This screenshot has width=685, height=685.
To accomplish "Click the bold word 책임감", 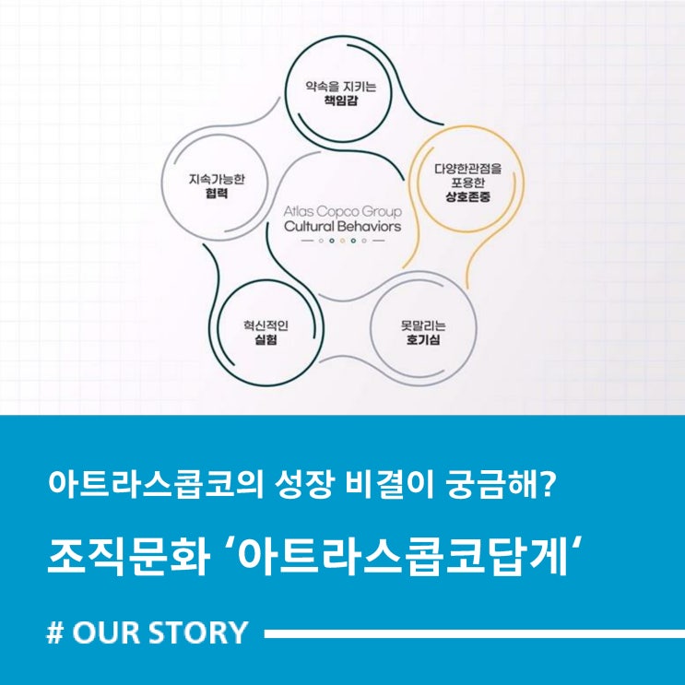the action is pos(341,100).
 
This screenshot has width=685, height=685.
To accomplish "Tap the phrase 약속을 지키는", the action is pos(341,86).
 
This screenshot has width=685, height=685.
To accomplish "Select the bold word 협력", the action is pos(217,193).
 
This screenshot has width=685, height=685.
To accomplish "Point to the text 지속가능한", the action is pos(217,179).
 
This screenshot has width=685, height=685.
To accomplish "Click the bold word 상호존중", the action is pos(467,197).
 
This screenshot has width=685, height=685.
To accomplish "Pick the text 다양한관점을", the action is pos(467,169).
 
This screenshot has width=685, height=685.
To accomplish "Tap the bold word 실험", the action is pos(266,339).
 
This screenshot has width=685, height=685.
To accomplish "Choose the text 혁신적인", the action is pos(266,325).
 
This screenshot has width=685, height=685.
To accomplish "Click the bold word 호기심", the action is pos(423,339).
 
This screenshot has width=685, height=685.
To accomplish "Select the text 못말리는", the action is pos(423,325).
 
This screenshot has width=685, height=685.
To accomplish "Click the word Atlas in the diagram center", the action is pos(299,211).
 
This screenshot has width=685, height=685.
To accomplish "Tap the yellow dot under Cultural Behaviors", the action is pos(343,241).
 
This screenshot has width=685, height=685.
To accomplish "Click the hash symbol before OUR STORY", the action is pos(55,632).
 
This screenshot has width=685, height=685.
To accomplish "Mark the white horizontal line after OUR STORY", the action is pos(475,634).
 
